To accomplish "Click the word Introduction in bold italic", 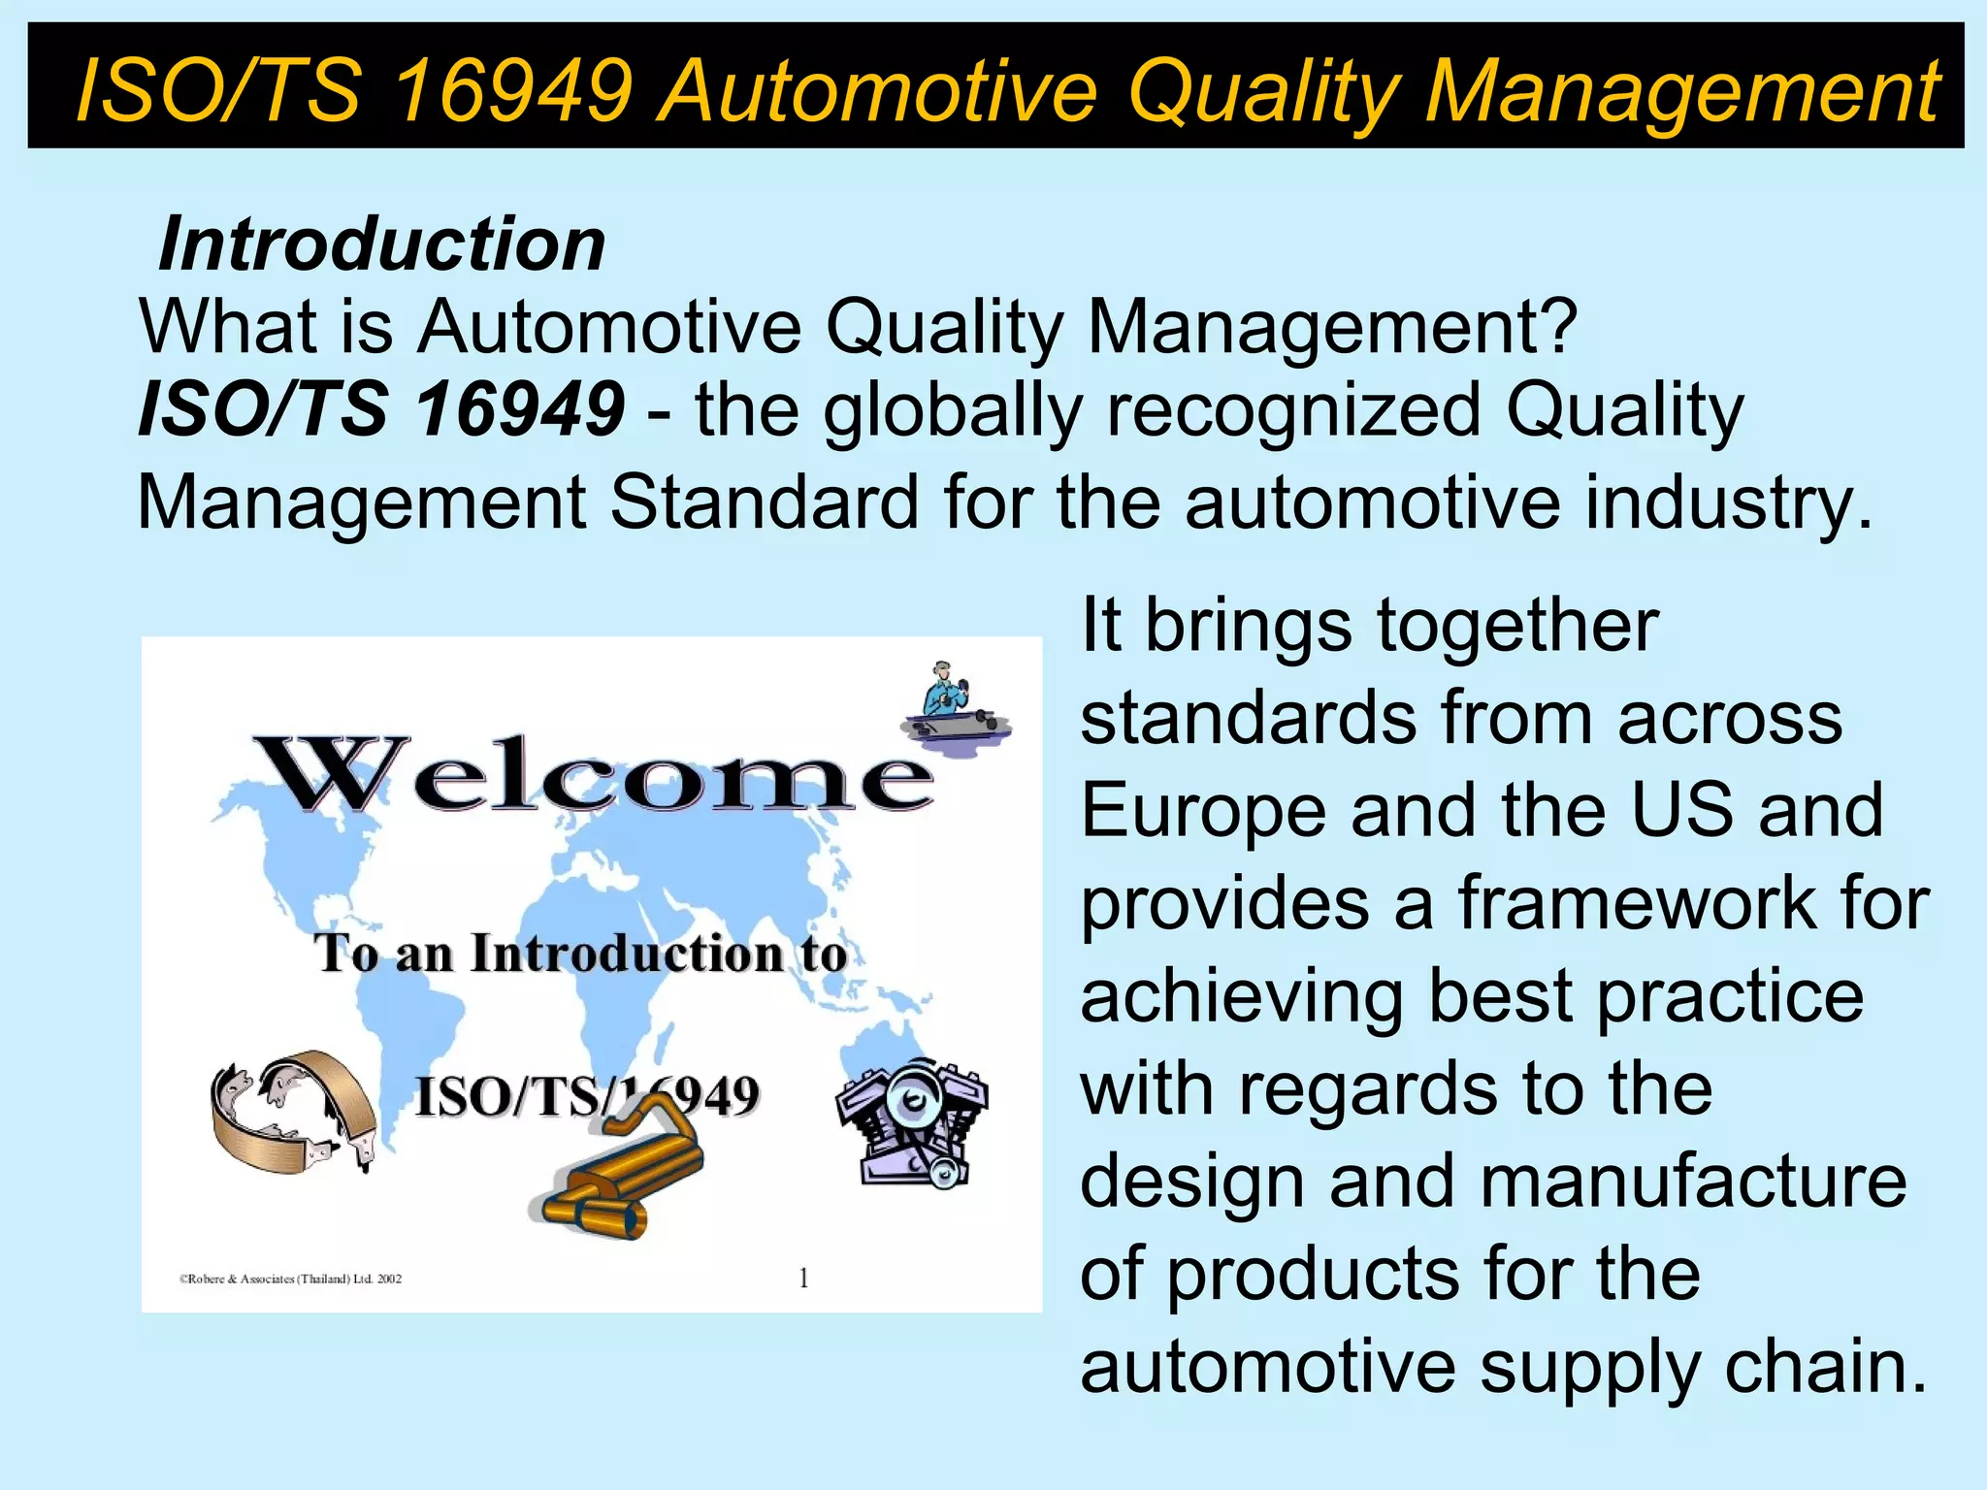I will click(x=382, y=243).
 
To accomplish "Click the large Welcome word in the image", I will click(x=592, y=775).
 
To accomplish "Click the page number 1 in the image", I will click(x=803, y=1279).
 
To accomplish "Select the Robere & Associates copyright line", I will click(x=290, y=1279).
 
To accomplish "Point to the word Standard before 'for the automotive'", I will click(x=764, y=502).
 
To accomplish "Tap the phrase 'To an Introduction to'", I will click(x=580, y=953).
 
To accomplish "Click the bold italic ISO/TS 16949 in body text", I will click(x=381, y=409).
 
